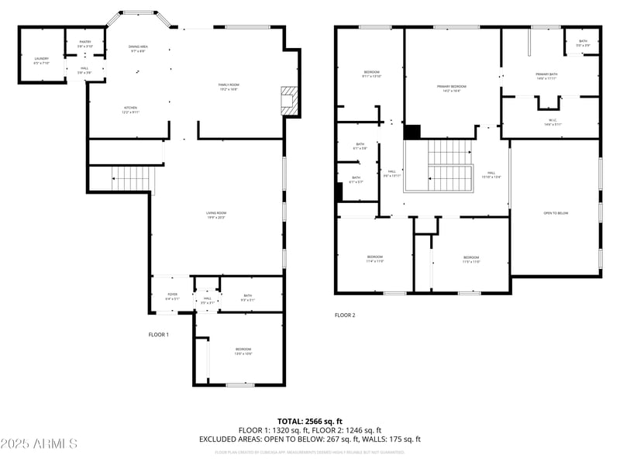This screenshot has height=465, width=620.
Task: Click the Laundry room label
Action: click(x=41, y=60)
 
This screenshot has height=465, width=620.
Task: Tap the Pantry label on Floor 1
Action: click(x=84, y=44)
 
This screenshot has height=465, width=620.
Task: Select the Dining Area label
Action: click(x=139, y=49)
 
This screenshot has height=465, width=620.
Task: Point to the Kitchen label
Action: click(x=131, y=109)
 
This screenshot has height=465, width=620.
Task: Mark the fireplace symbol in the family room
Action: click(x=288, y=100)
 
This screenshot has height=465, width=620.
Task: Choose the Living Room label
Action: click(x=216, y=215)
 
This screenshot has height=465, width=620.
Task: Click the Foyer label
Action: click(x=173, y=297)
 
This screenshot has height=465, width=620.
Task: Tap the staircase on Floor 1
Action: click(x=131, y=180)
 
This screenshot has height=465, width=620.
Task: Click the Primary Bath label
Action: click(x=546, y=76)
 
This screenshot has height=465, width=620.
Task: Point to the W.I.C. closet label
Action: click(x=553, y=122)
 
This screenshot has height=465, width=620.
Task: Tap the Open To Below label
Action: click(x=556, y=213)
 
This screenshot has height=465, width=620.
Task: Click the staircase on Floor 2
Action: click(x=449, y=166)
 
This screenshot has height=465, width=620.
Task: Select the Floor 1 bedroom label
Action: click(x=243, y=351)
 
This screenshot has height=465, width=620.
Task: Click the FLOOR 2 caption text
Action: click(x=345, y=315)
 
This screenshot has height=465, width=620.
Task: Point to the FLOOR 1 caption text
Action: click(x=158, y=335)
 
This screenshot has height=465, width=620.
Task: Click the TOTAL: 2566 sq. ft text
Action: click(x=310, y=422)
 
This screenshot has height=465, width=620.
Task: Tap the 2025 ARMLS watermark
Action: click(x=39, y=444)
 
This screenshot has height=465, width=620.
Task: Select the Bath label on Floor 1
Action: click(x=247, y=297)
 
